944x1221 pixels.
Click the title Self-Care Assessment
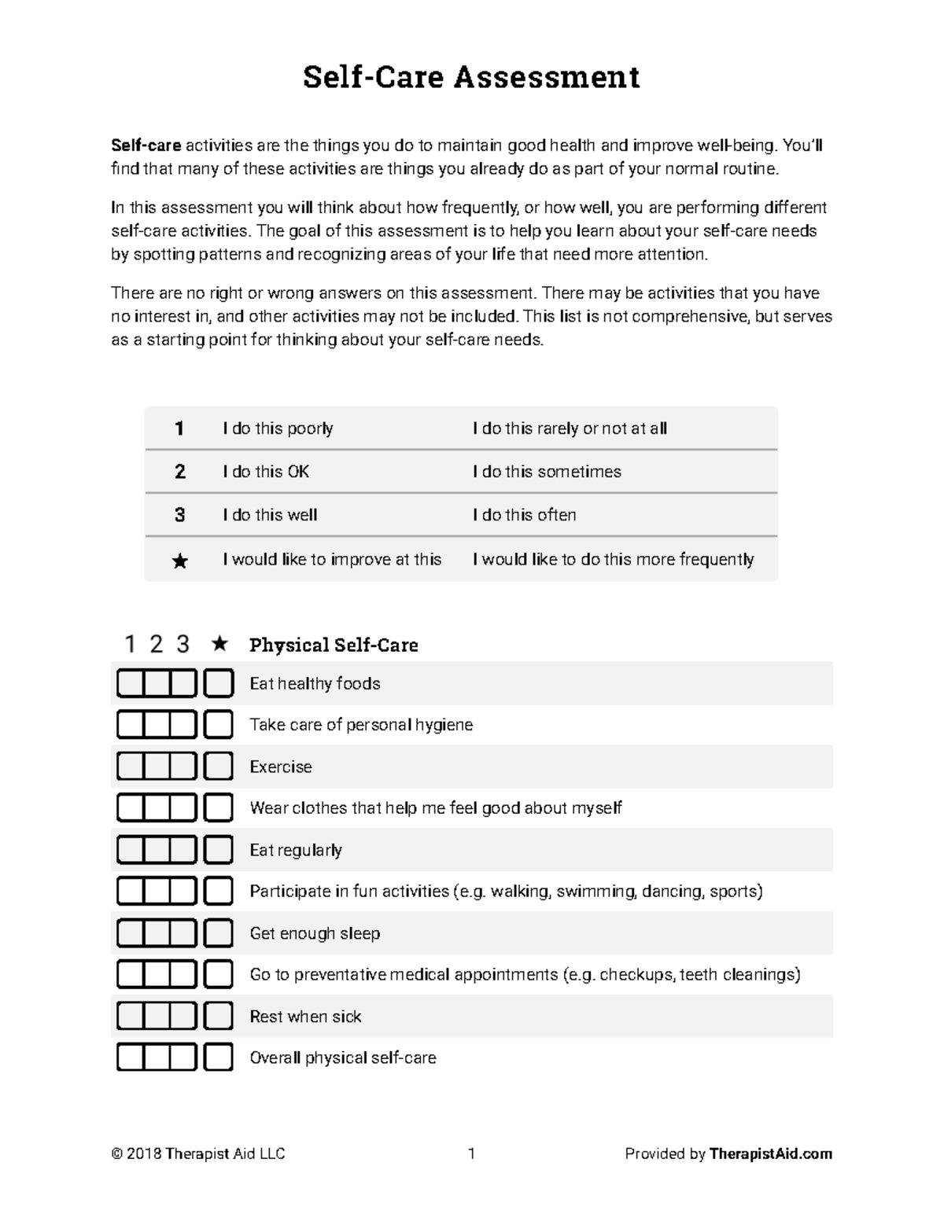click(x=471, y=78)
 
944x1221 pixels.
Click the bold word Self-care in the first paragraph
click(x=146, y=145)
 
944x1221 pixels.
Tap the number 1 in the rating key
click(x=179, y=428)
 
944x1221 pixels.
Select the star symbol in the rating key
click(x=179, y=561)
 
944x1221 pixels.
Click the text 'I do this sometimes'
click(x=547, y=472)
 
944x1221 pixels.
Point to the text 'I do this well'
click(x=270, y=515)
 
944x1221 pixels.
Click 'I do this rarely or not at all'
click(x=570, y=428)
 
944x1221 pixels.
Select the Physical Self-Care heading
click(x=334, y=645)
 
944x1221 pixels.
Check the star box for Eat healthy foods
click(x=219, y=683)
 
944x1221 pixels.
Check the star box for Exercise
click(x=219, y=767)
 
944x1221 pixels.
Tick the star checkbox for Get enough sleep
click(x=219, y=933)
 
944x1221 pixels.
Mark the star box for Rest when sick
click(x=219, y=1016)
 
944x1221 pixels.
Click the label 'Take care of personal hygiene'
click(x=361, y=725)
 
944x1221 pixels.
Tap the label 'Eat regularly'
click(x=296, y=850)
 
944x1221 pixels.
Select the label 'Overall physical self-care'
click(x=343, y=1058)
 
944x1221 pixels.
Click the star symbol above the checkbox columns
click(x=220, y=645)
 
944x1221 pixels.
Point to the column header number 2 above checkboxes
click(x=156, y=645)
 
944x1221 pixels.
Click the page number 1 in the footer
click(x=471, y=1154)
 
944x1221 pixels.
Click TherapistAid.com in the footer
click(x=770, y=1154)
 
